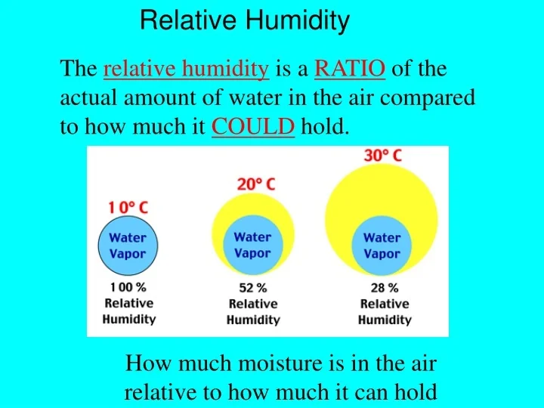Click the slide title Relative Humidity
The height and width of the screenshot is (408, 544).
point(245,20)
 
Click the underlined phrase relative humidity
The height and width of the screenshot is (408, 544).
point(186,70)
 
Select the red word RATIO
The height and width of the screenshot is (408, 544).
point(350,70)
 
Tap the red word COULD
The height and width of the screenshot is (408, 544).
point(253,127)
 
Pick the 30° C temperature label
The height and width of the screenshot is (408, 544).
point(382,156)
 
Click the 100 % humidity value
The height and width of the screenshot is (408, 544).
point(128,287)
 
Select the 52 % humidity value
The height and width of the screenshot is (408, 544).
point(253,288)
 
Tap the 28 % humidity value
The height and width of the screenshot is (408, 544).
point(384,288)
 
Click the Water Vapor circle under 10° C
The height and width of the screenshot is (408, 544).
point(128,246)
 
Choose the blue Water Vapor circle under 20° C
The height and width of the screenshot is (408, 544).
point(252,245)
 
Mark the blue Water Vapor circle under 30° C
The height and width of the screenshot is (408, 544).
point(382,246)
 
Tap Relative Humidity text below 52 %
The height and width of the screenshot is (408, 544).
point(253,311)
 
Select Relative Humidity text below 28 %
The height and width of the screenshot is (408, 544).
point(385,311)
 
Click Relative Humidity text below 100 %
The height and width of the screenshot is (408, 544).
point(128,311)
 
